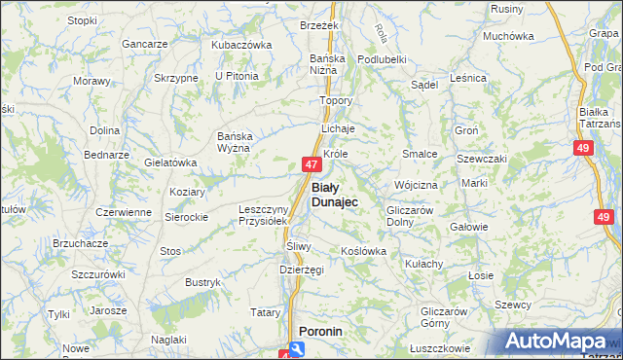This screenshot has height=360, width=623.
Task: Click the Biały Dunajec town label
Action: pyautogui.click(x=334, y=194)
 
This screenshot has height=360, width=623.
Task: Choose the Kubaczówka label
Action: pyautogui.click(x=241, y=45)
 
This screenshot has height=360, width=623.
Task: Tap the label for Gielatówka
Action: pyautogui.click(x=170, y=162)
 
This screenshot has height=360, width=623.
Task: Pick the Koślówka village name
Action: pyautogui.click(x=363, y=251)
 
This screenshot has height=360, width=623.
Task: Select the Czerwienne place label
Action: pyautogui.click(x=123, y=212)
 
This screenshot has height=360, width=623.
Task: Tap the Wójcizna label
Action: pyautogui.click(x=416, y=184)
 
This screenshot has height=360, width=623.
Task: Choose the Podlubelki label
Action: pyautogui.click(x=381, y=58)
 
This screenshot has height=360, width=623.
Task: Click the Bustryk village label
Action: pyautogui.click(x=202, y=282)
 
